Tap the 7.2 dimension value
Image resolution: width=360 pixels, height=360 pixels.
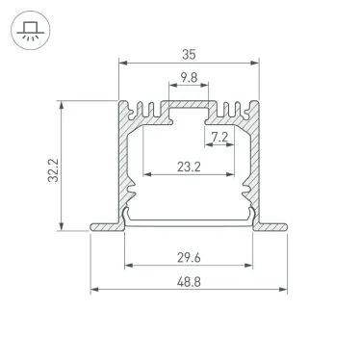pyautogui.click(x=219, y=138)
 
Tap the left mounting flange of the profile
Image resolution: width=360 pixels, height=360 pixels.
pyautogui.click(x=106, y=227)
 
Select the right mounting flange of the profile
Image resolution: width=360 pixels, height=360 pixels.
pyautogui.click(x=273, y=227)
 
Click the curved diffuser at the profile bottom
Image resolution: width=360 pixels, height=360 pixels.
pyautogui.click(x=190, y=220)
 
